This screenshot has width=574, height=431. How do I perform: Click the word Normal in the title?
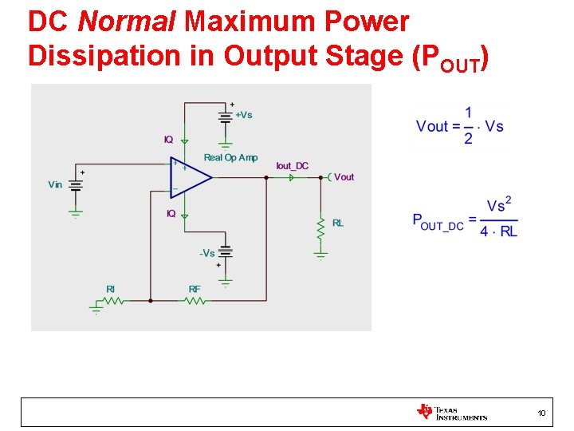127,22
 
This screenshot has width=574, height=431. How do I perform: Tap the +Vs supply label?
243,115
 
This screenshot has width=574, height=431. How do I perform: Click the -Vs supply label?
207,253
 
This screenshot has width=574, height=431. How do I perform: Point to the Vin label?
55,184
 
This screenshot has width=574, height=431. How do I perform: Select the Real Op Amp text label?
230,157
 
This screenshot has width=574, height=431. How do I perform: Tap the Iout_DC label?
292,166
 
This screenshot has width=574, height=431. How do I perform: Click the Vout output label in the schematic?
344,177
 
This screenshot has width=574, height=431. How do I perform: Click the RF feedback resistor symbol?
195,301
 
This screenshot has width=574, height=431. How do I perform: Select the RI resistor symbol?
112,301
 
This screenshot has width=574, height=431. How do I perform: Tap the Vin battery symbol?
76,184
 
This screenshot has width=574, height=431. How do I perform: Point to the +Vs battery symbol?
226,117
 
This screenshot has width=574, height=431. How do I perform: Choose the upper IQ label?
169,140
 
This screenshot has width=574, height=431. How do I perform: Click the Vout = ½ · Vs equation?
460,126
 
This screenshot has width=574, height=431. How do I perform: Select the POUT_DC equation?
466,218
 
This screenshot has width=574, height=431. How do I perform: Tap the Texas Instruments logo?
451,412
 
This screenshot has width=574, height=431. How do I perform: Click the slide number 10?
541,413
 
